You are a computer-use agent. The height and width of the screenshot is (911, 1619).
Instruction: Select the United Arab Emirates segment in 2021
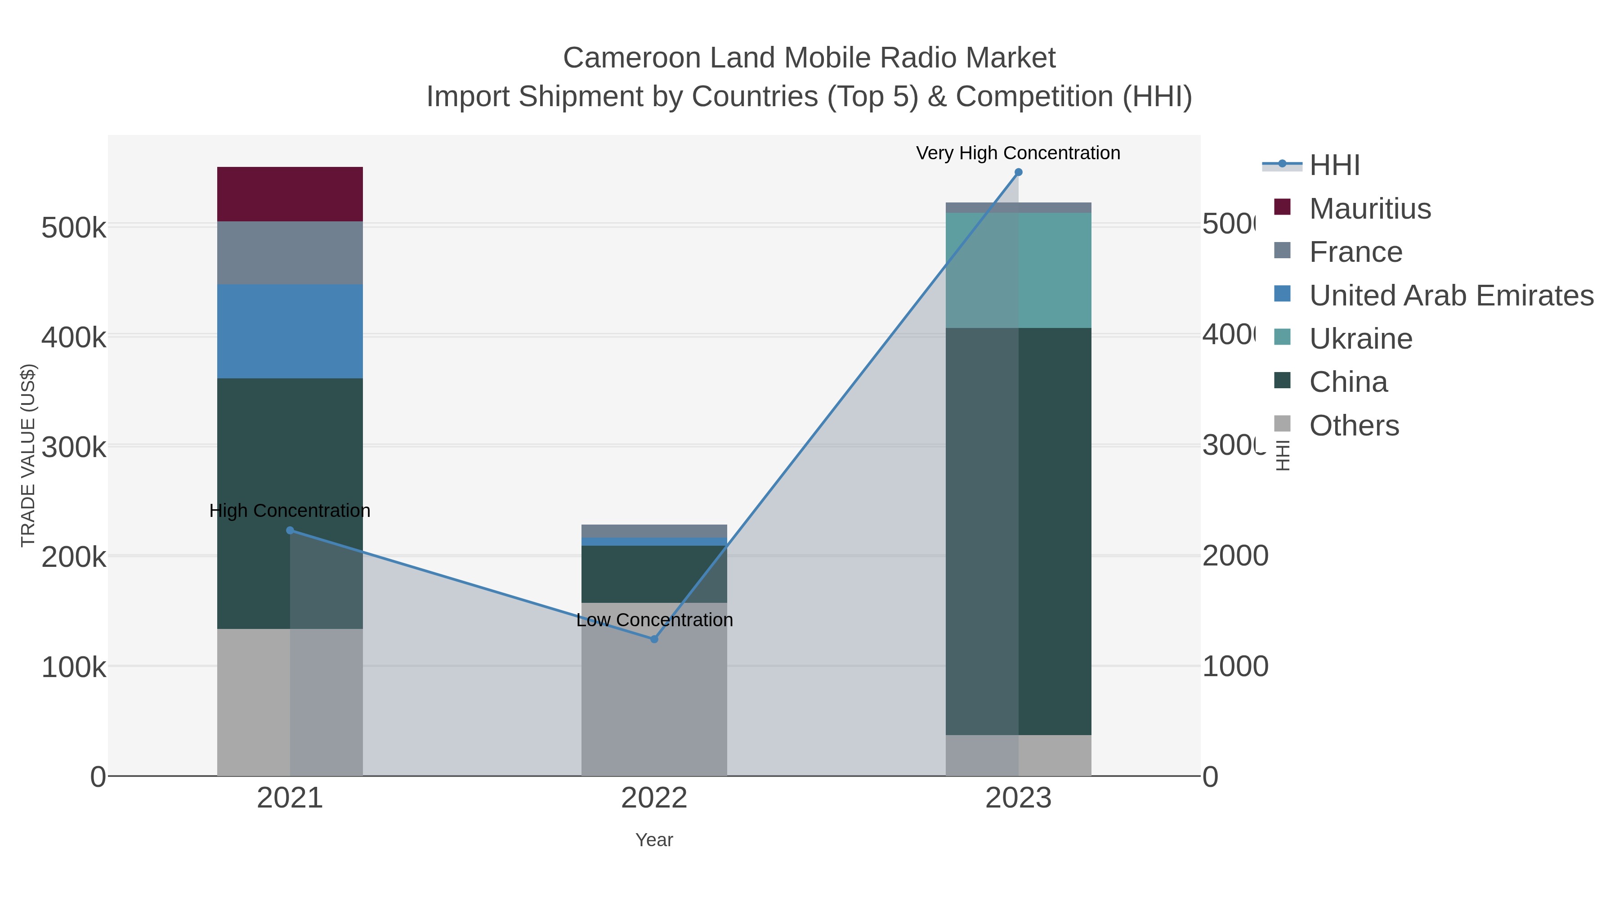(x=290, y=331)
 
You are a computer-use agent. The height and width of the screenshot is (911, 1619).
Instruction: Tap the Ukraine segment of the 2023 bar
(x=1018, y=270)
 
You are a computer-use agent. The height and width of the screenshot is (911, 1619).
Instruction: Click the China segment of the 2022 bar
(x=653, y=574)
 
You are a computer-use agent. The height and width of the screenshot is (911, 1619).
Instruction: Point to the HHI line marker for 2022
(x=653, y=639)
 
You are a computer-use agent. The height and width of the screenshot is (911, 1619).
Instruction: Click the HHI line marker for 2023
(x=1018, y=172)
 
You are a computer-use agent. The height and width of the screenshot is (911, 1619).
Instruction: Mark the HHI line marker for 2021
(x=290, y=531)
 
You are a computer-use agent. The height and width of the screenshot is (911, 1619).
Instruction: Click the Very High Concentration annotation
(x=1018, y=153)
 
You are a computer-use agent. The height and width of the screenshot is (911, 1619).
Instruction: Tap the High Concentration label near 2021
(x=290, y=511)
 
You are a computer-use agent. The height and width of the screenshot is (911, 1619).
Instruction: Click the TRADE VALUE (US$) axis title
(x=28, y=455)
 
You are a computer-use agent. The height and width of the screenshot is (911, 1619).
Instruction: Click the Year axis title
(x=653, y=840)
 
